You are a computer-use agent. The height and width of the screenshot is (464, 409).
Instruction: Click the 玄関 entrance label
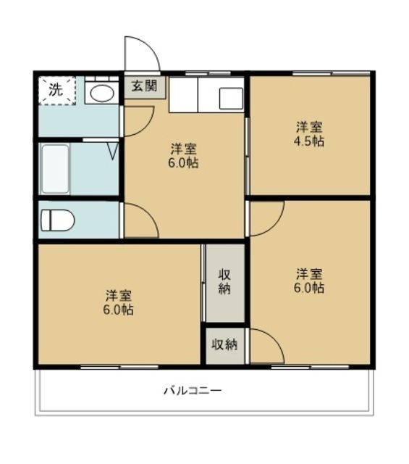coord(144,86)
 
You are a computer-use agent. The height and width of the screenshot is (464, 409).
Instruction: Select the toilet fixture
coord(56,220)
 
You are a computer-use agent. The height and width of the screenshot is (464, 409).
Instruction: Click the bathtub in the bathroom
coord(55,170)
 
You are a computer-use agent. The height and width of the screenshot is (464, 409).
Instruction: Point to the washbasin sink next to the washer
coord(101,93)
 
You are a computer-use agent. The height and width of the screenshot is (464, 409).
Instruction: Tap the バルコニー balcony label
coord(192,390)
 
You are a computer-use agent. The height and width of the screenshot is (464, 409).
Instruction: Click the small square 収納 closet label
coord(224,344)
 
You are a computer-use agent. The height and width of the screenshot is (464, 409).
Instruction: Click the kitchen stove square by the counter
coord(232,97)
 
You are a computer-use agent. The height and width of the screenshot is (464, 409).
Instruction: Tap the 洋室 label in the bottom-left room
coord(118,295)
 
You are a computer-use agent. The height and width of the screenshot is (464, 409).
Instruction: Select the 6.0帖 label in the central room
coord(182,163)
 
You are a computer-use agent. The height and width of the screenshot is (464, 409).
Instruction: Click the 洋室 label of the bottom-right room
coord(309,273)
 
